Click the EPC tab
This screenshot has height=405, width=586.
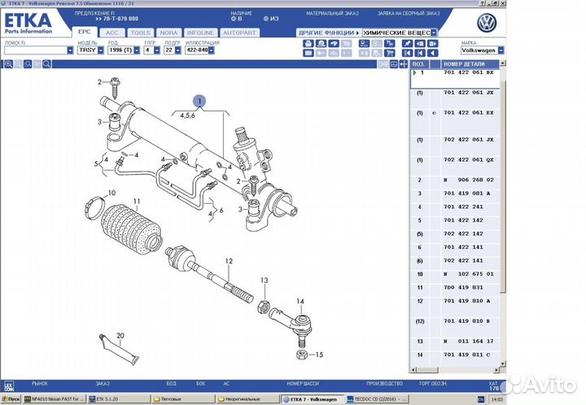pos(84,33)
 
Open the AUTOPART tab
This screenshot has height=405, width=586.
pos(239,33)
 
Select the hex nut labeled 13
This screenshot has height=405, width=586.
pos(263,305)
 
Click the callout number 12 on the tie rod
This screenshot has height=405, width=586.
pos(229,261)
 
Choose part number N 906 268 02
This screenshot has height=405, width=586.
pos(467,179)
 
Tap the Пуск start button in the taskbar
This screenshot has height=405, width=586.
pos(11,399)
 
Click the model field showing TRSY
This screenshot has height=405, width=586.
pos(86,50)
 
